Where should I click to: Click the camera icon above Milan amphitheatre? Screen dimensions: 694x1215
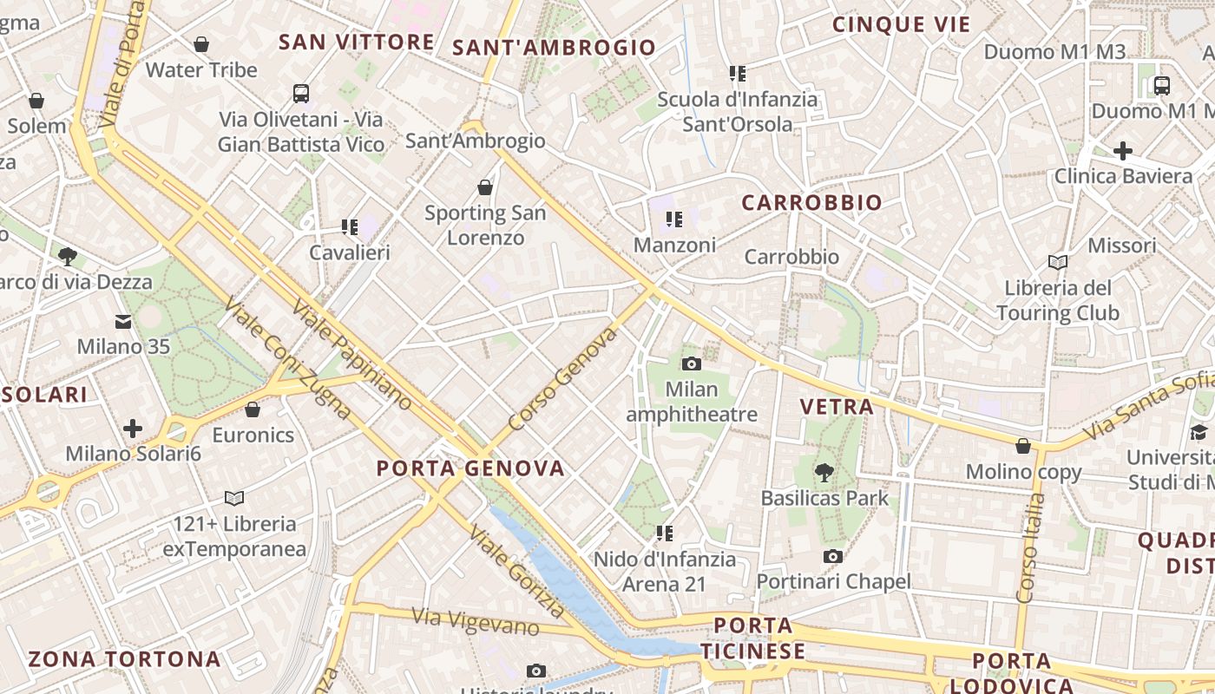pyautogui.click(x=692, y=363)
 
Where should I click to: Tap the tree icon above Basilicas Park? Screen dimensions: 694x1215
pyautogui.click(x=824, y=473)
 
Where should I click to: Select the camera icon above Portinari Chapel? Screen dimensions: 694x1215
pyautogui.click(x=833, y=556)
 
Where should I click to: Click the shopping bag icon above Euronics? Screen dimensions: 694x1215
pyautogui.click(x=253, y=409)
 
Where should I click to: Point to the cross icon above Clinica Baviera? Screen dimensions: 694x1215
pyautogui.click(x=1123, y=151)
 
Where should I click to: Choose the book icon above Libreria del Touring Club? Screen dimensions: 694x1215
pyautogui.click(x=1058, y=262)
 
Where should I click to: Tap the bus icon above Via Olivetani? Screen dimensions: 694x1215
pyautogui.click(x=301, y=94)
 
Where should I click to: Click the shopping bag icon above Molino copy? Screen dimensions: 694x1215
pyautogui.click(x=1024, y=446)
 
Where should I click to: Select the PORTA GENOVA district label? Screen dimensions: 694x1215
pyautogui.click(x=470, y=468)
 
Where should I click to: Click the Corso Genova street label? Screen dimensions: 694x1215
pyautogui.click(x=563, y=378)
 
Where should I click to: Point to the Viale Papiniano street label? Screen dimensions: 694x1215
pyautogui.click(x=351, y=354)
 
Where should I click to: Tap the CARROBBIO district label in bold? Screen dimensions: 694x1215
pyautogui.click(x=811, y=203)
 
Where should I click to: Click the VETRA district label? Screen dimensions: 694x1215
pyautogui.click(x=837, y=406)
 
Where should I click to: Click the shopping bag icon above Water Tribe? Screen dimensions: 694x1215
pyautogui.click(x=201, y=44)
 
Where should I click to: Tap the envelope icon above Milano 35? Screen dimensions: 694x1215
pyautogui.click(x=122, y=322)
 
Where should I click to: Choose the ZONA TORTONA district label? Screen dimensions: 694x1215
pyautogui.click(x=124, y=658)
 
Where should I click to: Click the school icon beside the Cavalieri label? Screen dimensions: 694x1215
pyautogui.click(x=350, y=227)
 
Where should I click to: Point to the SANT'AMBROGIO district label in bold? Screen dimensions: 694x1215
pyautogui.click(x=554, y=48)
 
